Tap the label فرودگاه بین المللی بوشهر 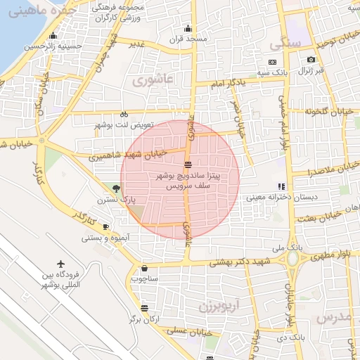[x=60, y=279]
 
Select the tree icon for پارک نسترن [x=115, y=188]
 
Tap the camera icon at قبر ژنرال [x=311, y=61]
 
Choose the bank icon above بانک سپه [x=272, y=62]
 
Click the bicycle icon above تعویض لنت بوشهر [x=124, y=114]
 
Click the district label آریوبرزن [x=219, y=306]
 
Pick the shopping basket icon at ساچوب [x=144, y=268]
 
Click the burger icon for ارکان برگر [x=144, y=308]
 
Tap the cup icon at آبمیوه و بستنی [x=105, y=227]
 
